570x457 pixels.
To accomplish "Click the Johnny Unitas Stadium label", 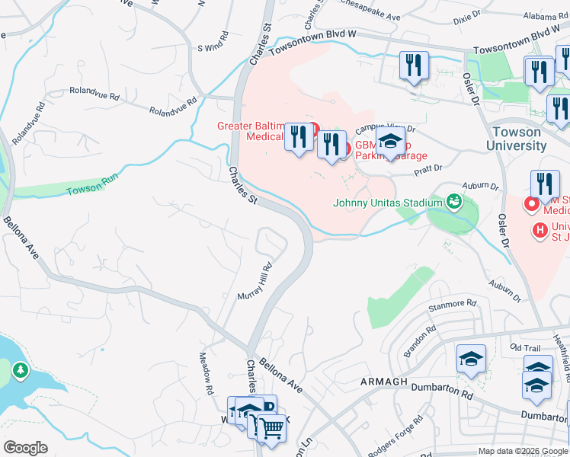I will click(x=388, y=203).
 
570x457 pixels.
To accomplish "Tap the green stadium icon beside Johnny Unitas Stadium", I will click(x=454, y=201).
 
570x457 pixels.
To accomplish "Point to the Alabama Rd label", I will click(x=546, y=14).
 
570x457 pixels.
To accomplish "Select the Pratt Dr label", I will click(x=428, y=171).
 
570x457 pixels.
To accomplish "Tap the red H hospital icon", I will click(x=540, y=228).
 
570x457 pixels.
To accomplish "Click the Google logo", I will click(x=25, y=448).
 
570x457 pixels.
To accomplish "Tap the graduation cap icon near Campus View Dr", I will click(x=390, y=142).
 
